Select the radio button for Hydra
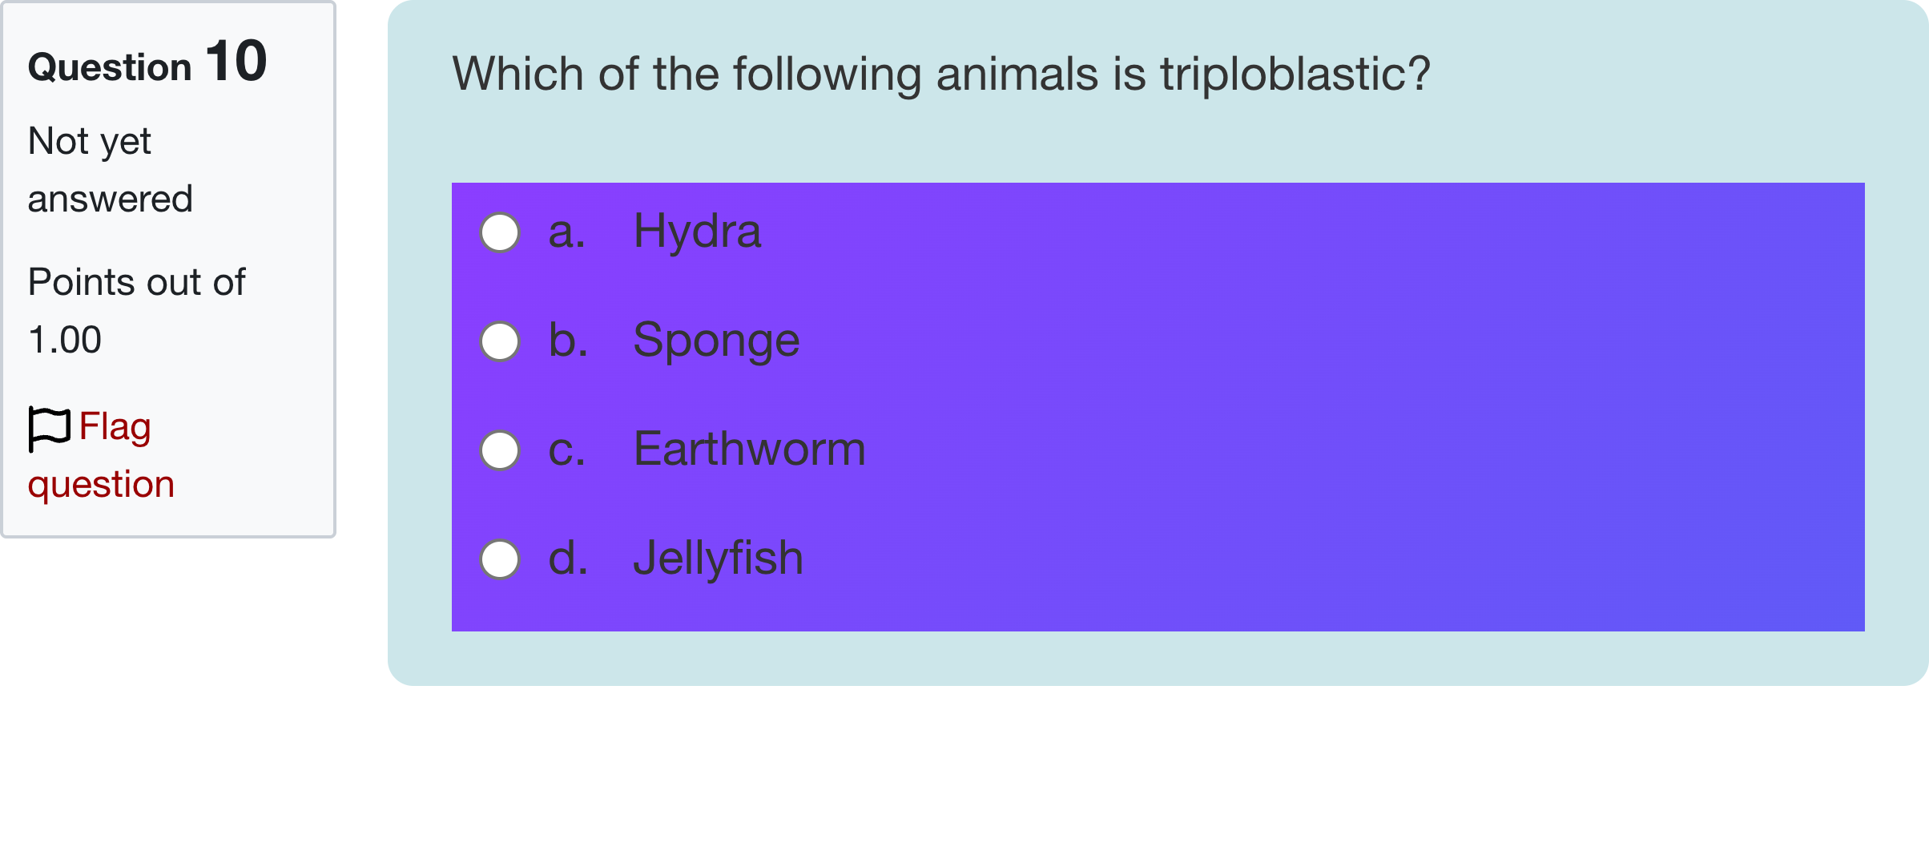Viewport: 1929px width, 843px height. point(500,232)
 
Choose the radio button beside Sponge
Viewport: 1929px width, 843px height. point(500,341)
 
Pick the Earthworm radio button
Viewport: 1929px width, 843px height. point(500,450)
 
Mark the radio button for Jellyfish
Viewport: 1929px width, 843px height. point(500,559)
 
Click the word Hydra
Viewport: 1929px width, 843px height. point(697,232)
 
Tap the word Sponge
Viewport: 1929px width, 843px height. point(716,341)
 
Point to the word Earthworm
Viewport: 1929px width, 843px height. point(749,450)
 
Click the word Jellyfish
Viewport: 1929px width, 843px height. point(718,559)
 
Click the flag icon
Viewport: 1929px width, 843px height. point(50,428)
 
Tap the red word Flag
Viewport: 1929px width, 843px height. point(115,426)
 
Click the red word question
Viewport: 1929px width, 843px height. point(101,485)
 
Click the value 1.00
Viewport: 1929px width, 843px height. point(65,340)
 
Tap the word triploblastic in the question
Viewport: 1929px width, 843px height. point(1285,75)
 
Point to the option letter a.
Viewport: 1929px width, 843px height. point(566,232)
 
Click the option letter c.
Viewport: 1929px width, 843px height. point(566,450)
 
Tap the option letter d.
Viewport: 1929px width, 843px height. point(568,559)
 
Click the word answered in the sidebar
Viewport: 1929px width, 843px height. point(111,199)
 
